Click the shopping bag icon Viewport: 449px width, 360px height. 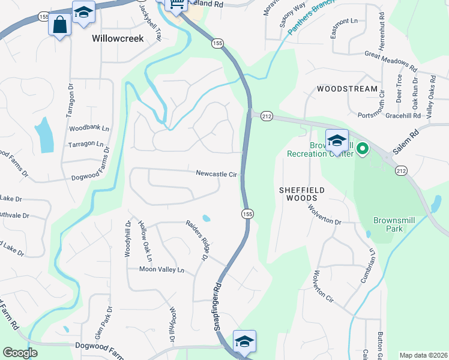click(x=59, y=25)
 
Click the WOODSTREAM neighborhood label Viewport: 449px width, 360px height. click(x=347, y=89)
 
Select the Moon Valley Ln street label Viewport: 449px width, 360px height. click(x=161, y=270)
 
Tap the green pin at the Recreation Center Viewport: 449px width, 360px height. click(x=362, y=147)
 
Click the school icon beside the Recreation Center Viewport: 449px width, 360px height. click(x=337, y=141)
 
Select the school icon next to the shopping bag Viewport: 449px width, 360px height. click(x=83, y=13)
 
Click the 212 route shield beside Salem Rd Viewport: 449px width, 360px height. click(x=400, y=171)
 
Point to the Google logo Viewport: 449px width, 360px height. click(x=20, y=353)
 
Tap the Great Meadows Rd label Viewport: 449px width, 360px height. click(x=391, y=59)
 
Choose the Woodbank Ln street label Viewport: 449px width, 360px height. click(x=89, y=128)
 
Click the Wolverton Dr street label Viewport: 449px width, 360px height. click(x=325, y=216)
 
